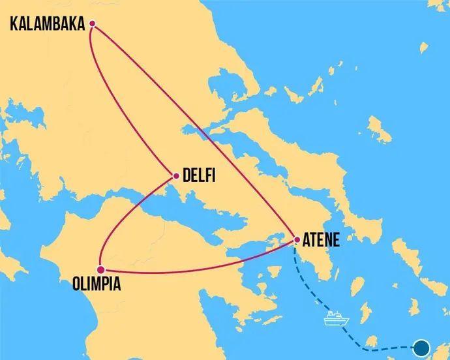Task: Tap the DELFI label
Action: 199,176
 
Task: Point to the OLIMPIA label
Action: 97,284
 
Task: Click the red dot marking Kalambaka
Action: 92,24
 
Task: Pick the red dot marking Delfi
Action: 176,175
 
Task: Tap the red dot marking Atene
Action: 296,240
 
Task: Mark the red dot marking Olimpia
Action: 100,269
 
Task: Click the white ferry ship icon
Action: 337,318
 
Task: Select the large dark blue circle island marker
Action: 422,347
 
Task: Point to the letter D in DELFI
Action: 187,176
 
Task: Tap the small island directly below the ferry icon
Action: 371,342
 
